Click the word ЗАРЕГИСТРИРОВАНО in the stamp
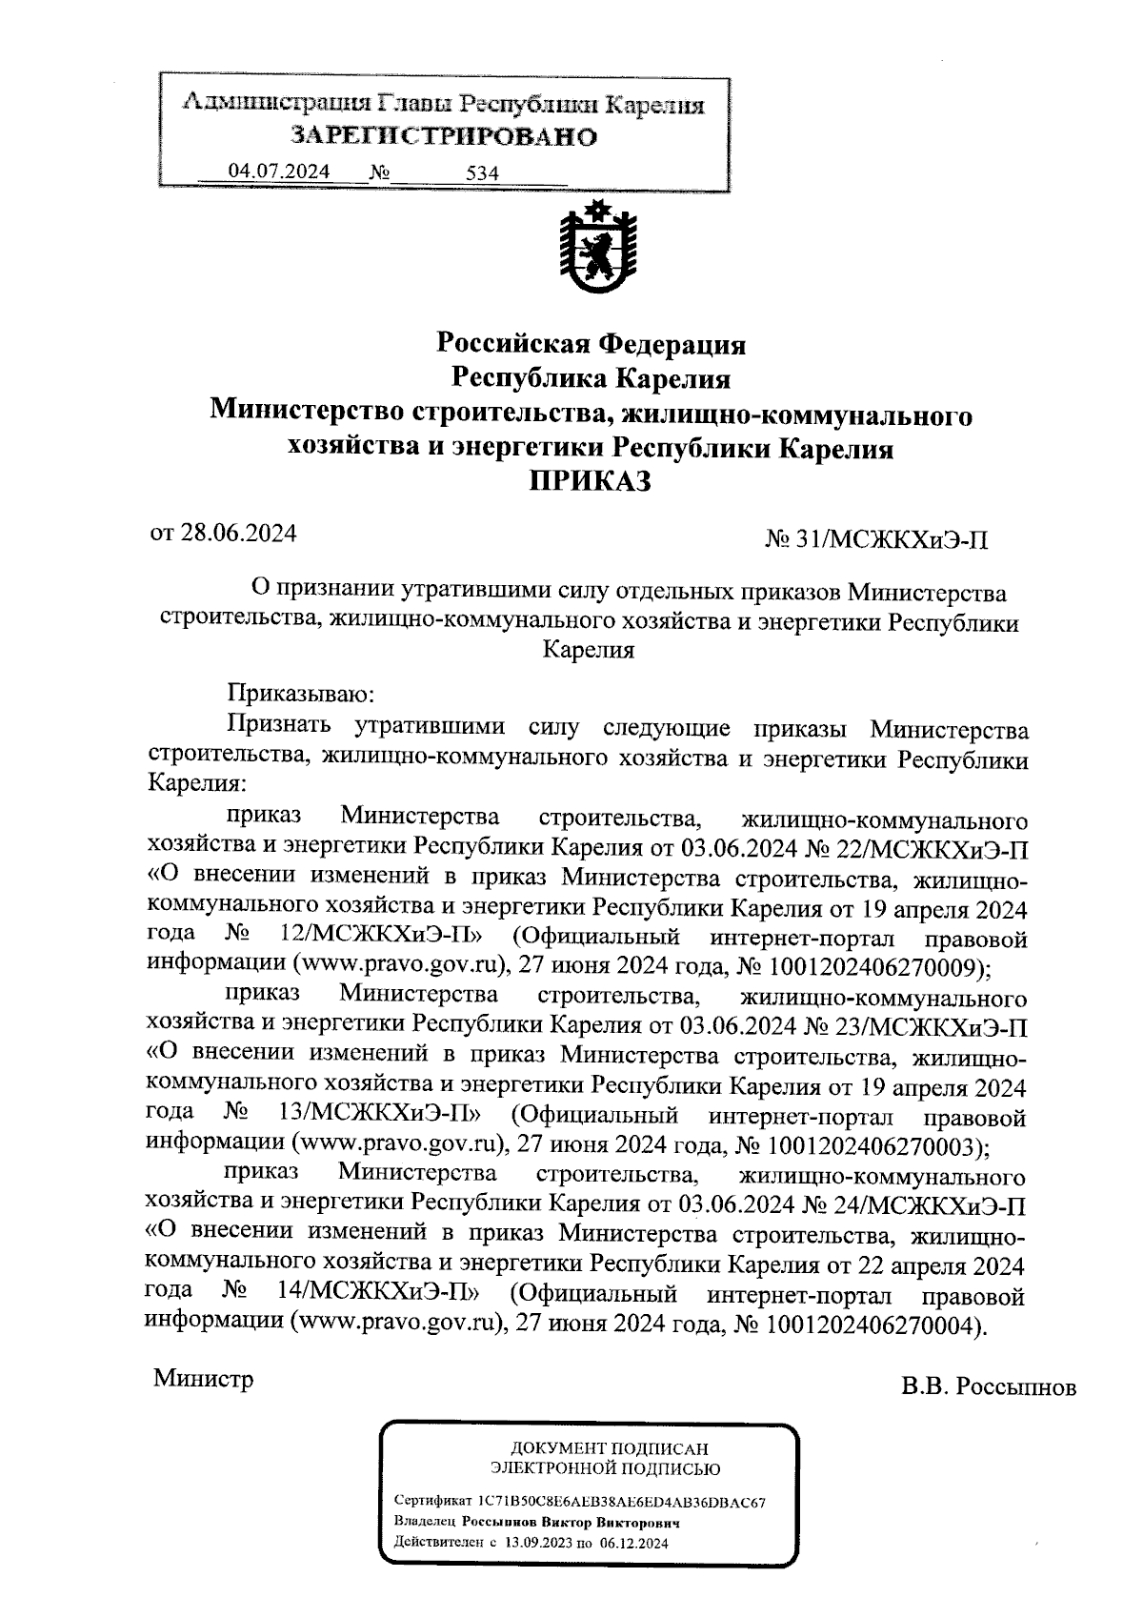[444, 136]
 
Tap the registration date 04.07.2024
[279, 172]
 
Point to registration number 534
[483, 173]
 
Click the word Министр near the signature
[204, 1379]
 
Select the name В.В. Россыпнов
[989, 1386]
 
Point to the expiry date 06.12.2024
[635, 1543]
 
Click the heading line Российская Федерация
[591, 343]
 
